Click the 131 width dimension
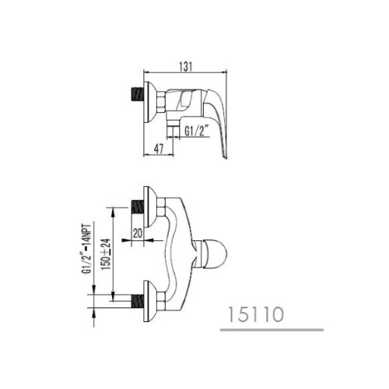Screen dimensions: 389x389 [186, 66]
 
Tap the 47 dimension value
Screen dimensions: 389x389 [159, 149]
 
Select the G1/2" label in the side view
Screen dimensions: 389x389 [197, 131]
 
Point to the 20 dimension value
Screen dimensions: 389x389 [138, 233]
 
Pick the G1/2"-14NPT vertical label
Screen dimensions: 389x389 [88, 249]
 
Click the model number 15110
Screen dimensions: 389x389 [256, 314]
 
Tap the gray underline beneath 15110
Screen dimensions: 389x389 [272, 330]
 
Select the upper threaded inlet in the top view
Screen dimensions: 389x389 [138, 207]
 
